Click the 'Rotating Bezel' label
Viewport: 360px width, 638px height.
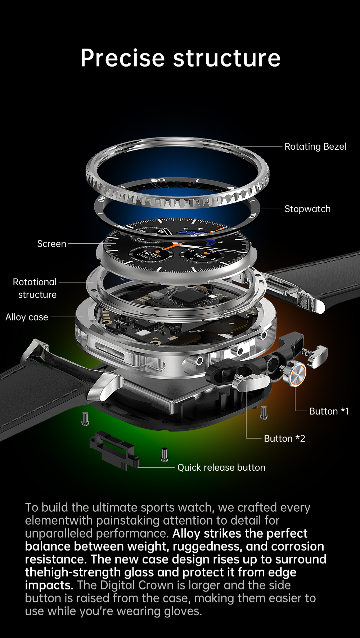315,147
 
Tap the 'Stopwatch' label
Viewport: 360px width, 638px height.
307,209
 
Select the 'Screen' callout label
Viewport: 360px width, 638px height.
51,244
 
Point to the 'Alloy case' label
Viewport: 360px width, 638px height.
27,317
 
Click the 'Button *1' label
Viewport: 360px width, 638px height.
329,411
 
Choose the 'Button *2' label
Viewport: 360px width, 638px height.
284,439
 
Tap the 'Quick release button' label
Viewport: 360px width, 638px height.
221,467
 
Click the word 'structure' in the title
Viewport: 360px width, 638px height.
227,58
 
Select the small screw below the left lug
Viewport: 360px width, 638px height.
85,418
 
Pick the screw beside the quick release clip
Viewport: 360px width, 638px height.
164,454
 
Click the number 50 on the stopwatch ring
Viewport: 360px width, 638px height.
158,180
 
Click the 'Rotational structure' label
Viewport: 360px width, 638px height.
35,288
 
